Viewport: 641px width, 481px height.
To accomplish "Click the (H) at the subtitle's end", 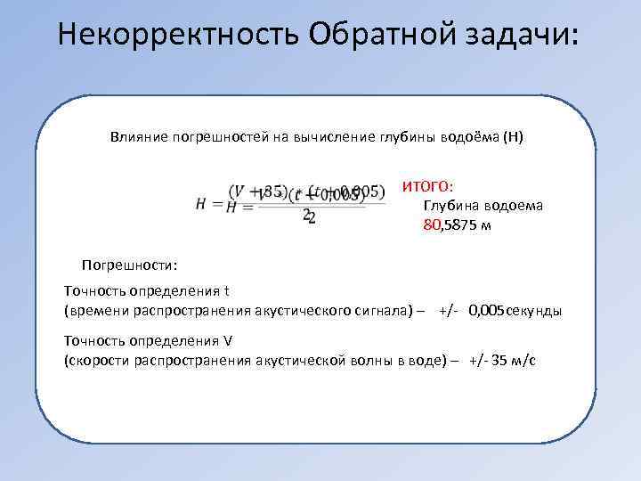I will pos(514,137).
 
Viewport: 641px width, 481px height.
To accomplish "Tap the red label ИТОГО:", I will pos(427,186).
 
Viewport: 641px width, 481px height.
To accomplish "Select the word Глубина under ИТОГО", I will pos(450,206).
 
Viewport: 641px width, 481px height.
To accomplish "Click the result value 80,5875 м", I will pos(456,225).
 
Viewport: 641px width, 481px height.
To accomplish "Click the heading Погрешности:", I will pos(130,265).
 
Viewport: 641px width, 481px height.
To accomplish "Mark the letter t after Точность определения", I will pos(226,291).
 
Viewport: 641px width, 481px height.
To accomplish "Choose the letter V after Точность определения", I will pos(227,341).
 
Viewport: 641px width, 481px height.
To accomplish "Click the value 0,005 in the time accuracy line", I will pos(486,311).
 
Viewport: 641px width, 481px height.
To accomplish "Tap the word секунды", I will pos(533,311).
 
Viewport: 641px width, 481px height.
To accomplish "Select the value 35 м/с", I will pos(508,361).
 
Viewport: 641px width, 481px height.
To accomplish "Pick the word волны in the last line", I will pos(382,361).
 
